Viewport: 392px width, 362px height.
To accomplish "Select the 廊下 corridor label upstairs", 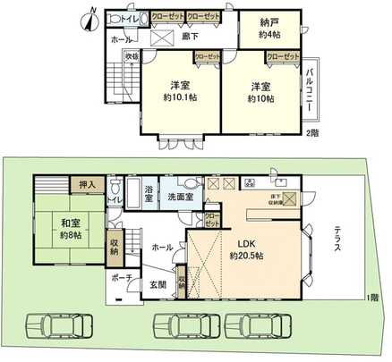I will pyautogui.click(x=190, y=37).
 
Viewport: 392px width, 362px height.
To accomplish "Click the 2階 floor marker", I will pyautogui.click(x=311, y=132).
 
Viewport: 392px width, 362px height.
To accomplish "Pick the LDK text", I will pyautogui.click(x=246, y=240).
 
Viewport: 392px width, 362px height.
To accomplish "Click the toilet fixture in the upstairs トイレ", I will pyautogui.click(x=112, y=20).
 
